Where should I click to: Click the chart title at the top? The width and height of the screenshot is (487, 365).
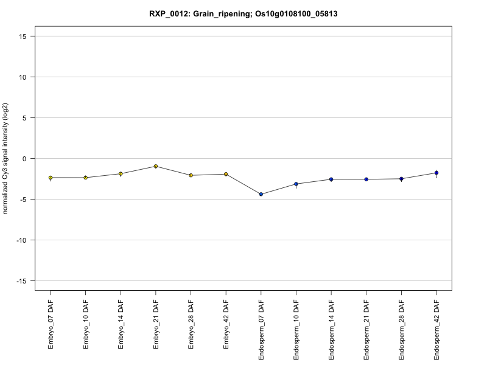click(243, 13)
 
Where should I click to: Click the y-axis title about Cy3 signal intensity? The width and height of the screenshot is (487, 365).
click(5, 158)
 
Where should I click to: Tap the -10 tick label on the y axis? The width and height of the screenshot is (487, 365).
click(19, 240)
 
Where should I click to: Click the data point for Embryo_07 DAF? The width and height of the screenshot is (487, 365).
click(51, 178)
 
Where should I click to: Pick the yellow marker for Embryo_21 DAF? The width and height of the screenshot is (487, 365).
click(156, 166)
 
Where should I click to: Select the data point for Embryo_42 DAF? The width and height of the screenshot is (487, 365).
click(226, 174)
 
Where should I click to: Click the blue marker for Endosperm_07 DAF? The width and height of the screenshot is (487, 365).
click(261, 194)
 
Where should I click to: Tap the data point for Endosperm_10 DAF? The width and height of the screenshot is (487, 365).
click(296, 184)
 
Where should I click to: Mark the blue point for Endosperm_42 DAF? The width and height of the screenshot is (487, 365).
click(436, 173)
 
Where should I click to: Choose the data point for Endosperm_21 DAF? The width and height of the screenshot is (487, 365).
click(366, 179)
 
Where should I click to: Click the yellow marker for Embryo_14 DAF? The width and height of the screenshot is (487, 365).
click(121, 174)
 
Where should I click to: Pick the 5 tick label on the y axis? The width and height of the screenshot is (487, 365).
click(23, 117)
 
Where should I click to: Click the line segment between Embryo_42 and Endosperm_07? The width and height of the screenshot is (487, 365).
click(243, 184)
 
